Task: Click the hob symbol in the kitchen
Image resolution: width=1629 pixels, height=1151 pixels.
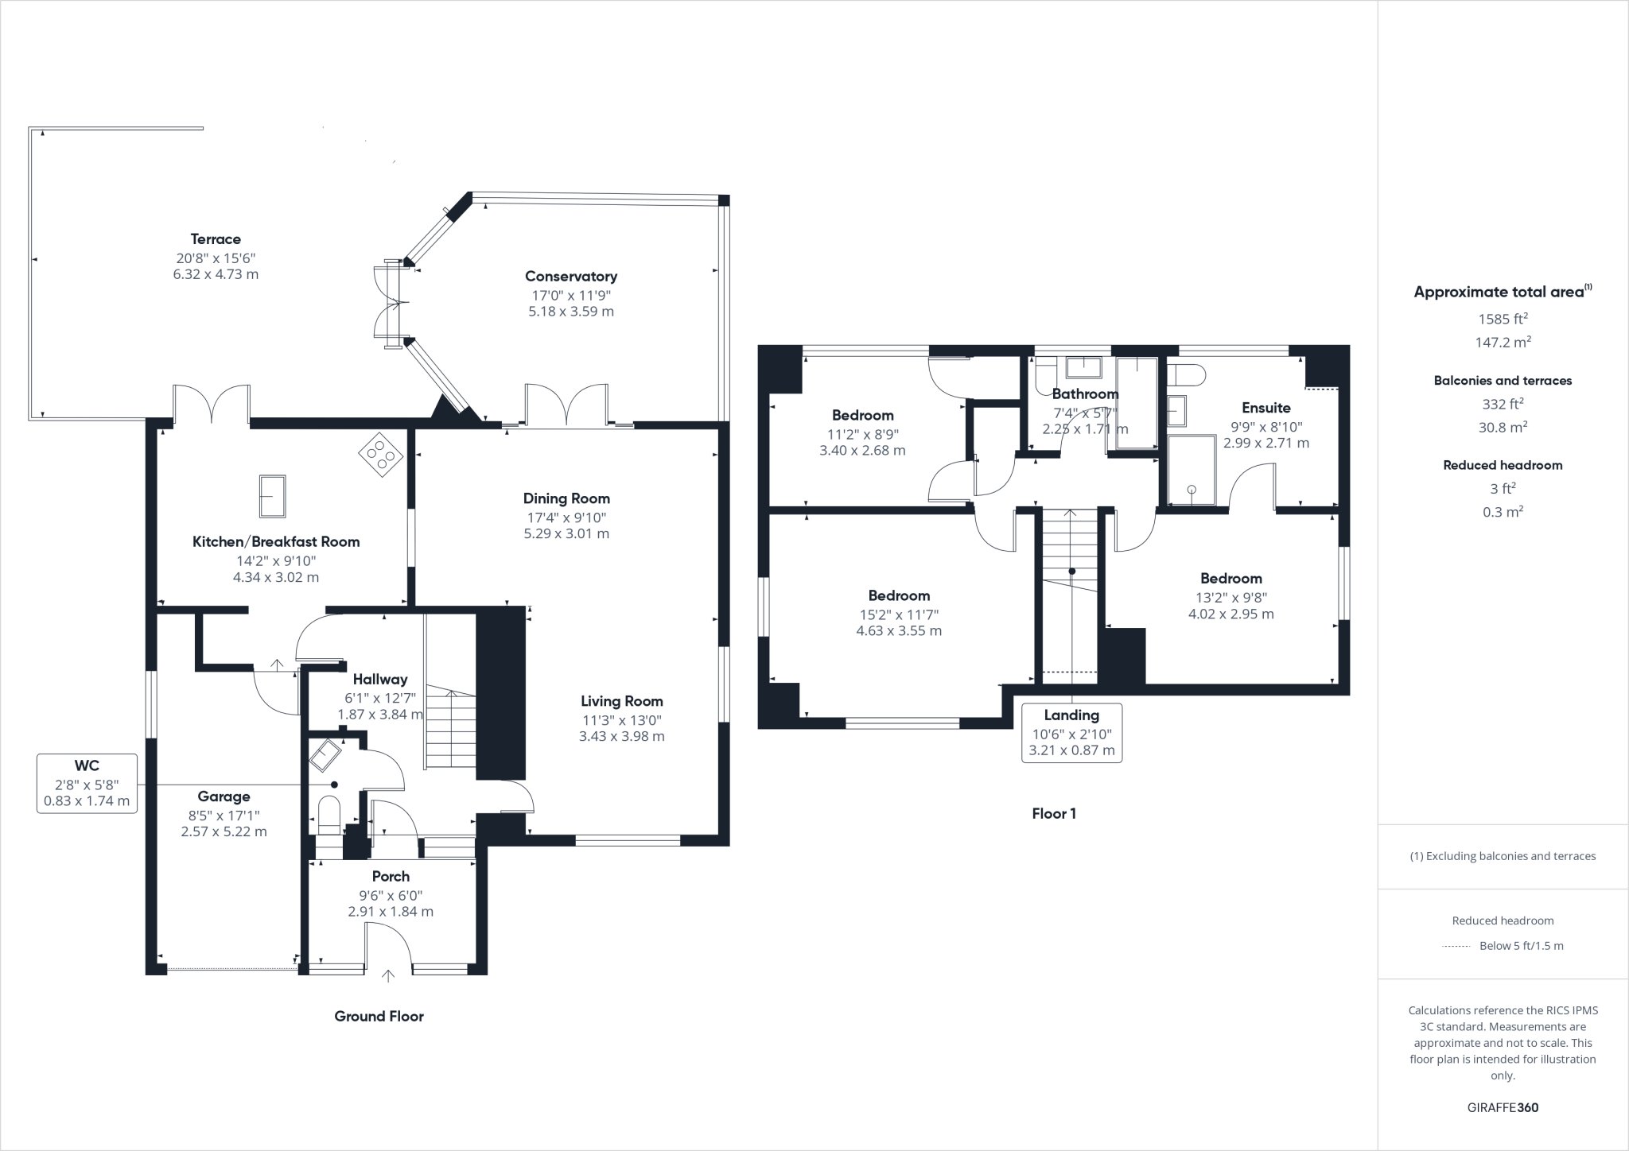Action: coord(381,455)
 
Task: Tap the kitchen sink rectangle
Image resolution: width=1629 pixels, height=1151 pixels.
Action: coord(272,496)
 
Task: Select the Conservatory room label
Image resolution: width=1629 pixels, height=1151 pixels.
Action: coord(570,277)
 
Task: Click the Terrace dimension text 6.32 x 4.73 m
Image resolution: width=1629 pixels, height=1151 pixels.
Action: coord(216,274)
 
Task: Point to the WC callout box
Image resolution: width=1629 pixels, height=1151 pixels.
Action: coord(87,784)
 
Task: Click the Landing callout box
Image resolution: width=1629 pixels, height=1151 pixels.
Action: coord(1071,733)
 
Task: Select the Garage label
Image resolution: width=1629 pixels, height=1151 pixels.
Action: coord(224,796)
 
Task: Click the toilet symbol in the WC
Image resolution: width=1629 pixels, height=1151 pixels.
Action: coord(329,816)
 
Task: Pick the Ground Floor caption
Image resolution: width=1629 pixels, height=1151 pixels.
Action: coord(379,1016)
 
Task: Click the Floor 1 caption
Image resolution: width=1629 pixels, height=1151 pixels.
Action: coord(1053,813)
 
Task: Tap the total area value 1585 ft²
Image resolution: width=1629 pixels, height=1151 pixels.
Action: coord(1503,319)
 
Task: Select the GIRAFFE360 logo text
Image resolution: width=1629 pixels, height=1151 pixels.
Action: coord(1503,1107)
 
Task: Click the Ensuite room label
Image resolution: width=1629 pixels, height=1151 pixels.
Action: coord(1265,408)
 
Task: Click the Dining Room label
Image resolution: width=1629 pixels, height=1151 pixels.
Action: coord(566,498)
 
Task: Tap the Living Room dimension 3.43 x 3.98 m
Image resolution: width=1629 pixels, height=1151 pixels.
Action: coord(621,736)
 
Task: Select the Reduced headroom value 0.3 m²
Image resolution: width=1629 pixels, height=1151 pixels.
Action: coord(1503,512)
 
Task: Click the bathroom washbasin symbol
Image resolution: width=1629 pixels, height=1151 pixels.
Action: coord(1083,367)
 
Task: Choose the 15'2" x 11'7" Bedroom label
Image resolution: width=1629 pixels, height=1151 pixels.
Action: coord(899,595)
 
